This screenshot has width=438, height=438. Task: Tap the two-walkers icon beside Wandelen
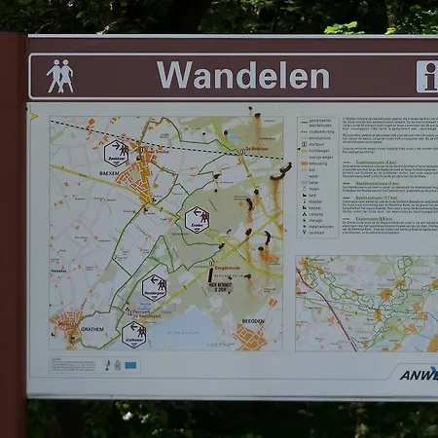(x=60, y=76)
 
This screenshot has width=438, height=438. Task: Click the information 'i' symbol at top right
(x=427, y=76)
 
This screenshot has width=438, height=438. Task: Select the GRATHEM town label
(x=91, y=329)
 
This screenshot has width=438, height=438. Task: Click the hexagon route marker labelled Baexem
(x=116, y=152)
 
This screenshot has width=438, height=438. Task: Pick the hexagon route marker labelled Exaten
(x=197, y=219)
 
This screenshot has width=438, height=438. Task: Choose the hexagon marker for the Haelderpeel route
(x=154, y=286)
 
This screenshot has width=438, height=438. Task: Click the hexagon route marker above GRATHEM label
(x=134, y=333)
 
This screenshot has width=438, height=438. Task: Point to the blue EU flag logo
(x=130, y=366)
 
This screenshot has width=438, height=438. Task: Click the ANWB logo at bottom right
(x=420, y=374)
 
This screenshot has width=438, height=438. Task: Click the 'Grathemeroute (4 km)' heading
(x=368, y=162)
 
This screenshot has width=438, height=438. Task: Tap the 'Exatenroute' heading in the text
(x=366, y=218)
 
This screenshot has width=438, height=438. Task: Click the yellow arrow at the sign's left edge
(x=34, y=116)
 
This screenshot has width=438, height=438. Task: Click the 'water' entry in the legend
(x=314, y=175)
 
